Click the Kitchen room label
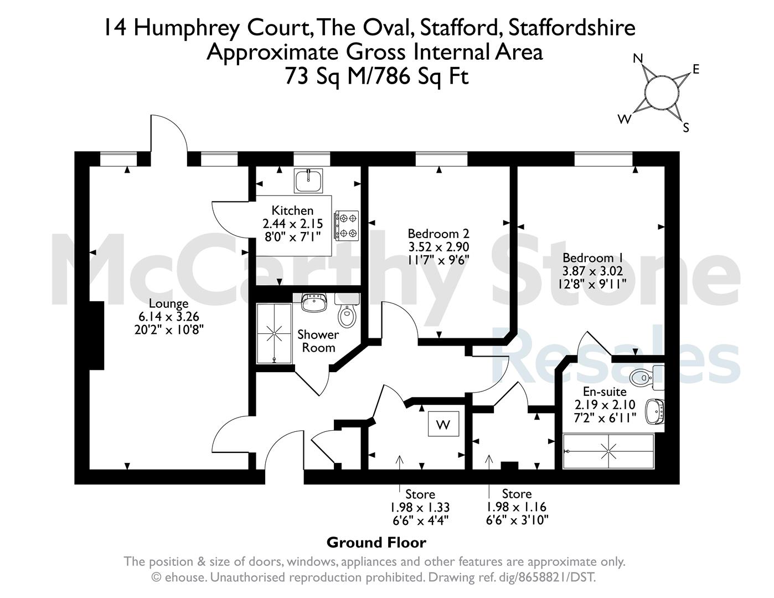point(292,210)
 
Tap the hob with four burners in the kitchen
point(346,225)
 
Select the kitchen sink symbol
point(308,181)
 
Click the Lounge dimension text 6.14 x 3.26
point(168,316)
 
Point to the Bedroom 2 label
point(438,234)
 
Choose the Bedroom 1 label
point(593,257)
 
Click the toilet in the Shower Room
point(347,311)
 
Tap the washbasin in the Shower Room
point(314,302)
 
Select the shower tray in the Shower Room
point(274,333)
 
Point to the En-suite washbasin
point(655,411)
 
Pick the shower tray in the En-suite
point(608,451)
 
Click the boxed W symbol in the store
point(443,424)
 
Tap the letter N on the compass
point(638,58)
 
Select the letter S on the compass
point(686,127)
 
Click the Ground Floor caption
point(376,543)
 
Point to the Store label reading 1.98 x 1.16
point(517,507)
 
